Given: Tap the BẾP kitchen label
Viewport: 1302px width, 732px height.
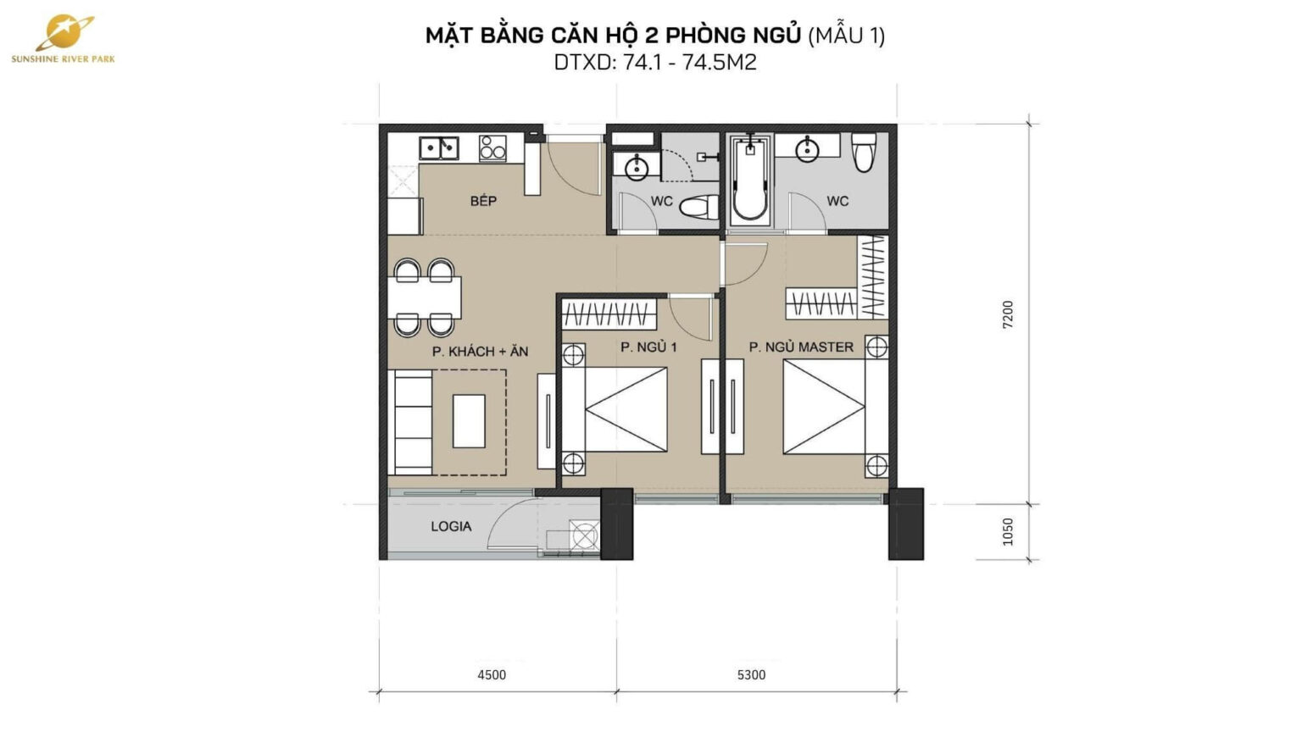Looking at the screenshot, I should [x=483, y=201].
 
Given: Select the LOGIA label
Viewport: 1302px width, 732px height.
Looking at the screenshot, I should [x=450, y=526].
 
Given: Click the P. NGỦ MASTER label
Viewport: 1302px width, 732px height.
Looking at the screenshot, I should [x=801, y=347].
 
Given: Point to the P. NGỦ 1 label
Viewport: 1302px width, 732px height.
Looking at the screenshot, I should [x=648, y=347].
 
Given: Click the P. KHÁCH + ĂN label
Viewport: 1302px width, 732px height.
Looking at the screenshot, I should [x=480, y=351].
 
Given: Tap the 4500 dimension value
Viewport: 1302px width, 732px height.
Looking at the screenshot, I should [x=492, y=674].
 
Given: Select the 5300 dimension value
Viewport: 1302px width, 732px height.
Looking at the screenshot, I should [x=751, y=674].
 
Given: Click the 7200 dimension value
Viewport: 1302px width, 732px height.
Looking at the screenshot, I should [x=1008, y=314].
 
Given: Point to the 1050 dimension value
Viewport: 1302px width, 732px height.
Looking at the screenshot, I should [x=1008, y=531].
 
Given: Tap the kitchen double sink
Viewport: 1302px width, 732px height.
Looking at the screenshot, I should [x=439, y=148].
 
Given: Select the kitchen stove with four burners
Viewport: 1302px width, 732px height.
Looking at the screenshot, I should [x=492, y=148].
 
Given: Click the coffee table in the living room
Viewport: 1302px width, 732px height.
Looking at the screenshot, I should [x=469, y=420].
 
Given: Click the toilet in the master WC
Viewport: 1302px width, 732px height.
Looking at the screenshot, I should [x=864, y=152].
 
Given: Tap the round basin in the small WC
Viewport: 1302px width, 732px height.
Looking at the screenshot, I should [x=637, y=168].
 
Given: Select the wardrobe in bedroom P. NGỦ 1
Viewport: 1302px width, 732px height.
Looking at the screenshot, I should [x=609, y=314].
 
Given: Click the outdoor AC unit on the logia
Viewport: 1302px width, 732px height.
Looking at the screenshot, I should [x=584, y=535].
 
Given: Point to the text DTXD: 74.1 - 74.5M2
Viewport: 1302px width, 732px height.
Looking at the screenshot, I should [x=654, y=62].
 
